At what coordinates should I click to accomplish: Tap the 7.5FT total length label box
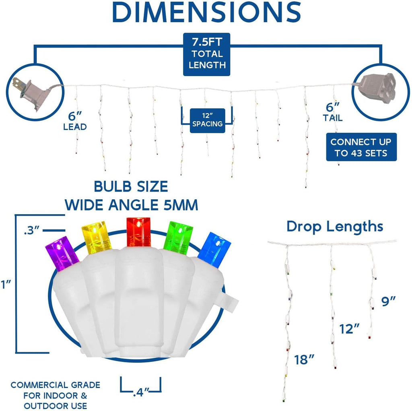tap(206, 54)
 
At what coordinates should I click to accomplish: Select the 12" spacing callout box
tap(207, 120)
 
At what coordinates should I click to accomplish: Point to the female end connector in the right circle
tap(378, 88)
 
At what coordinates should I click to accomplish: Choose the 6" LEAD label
tap(75, 121)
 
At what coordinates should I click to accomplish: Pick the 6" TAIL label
tap(333, 112)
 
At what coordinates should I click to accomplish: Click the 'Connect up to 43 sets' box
tap(361, 147)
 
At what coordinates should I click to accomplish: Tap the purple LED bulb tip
tap(62, 253)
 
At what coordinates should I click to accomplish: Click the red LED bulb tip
tap(138, 231)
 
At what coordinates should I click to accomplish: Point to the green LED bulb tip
tap(178, 238)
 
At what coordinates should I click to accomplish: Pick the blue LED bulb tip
tap(214, 250)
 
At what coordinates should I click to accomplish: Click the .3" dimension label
tap(31, 230)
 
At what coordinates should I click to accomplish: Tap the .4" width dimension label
tap(141, 392)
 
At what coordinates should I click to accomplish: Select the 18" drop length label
tap(304, 360)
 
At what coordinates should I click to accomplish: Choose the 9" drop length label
tap(388, 302)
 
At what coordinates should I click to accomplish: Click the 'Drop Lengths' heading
tap(335, 227)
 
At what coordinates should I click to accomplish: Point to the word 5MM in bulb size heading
tap(181, 205)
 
